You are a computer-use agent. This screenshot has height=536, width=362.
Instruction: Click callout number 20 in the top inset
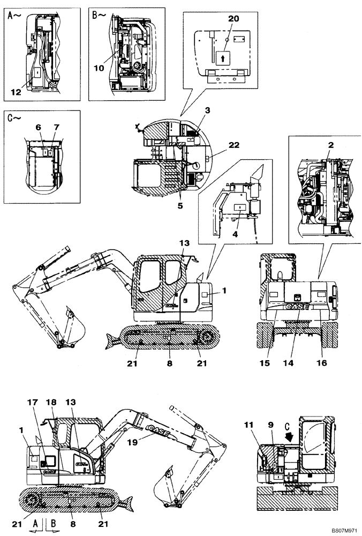pyautogui.click(x=233, y=18)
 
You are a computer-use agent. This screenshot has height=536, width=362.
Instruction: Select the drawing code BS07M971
pyautogui.click(x=342, y=530)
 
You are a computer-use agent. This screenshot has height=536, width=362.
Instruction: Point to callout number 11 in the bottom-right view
pyautogui.click(x=262, y=426)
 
